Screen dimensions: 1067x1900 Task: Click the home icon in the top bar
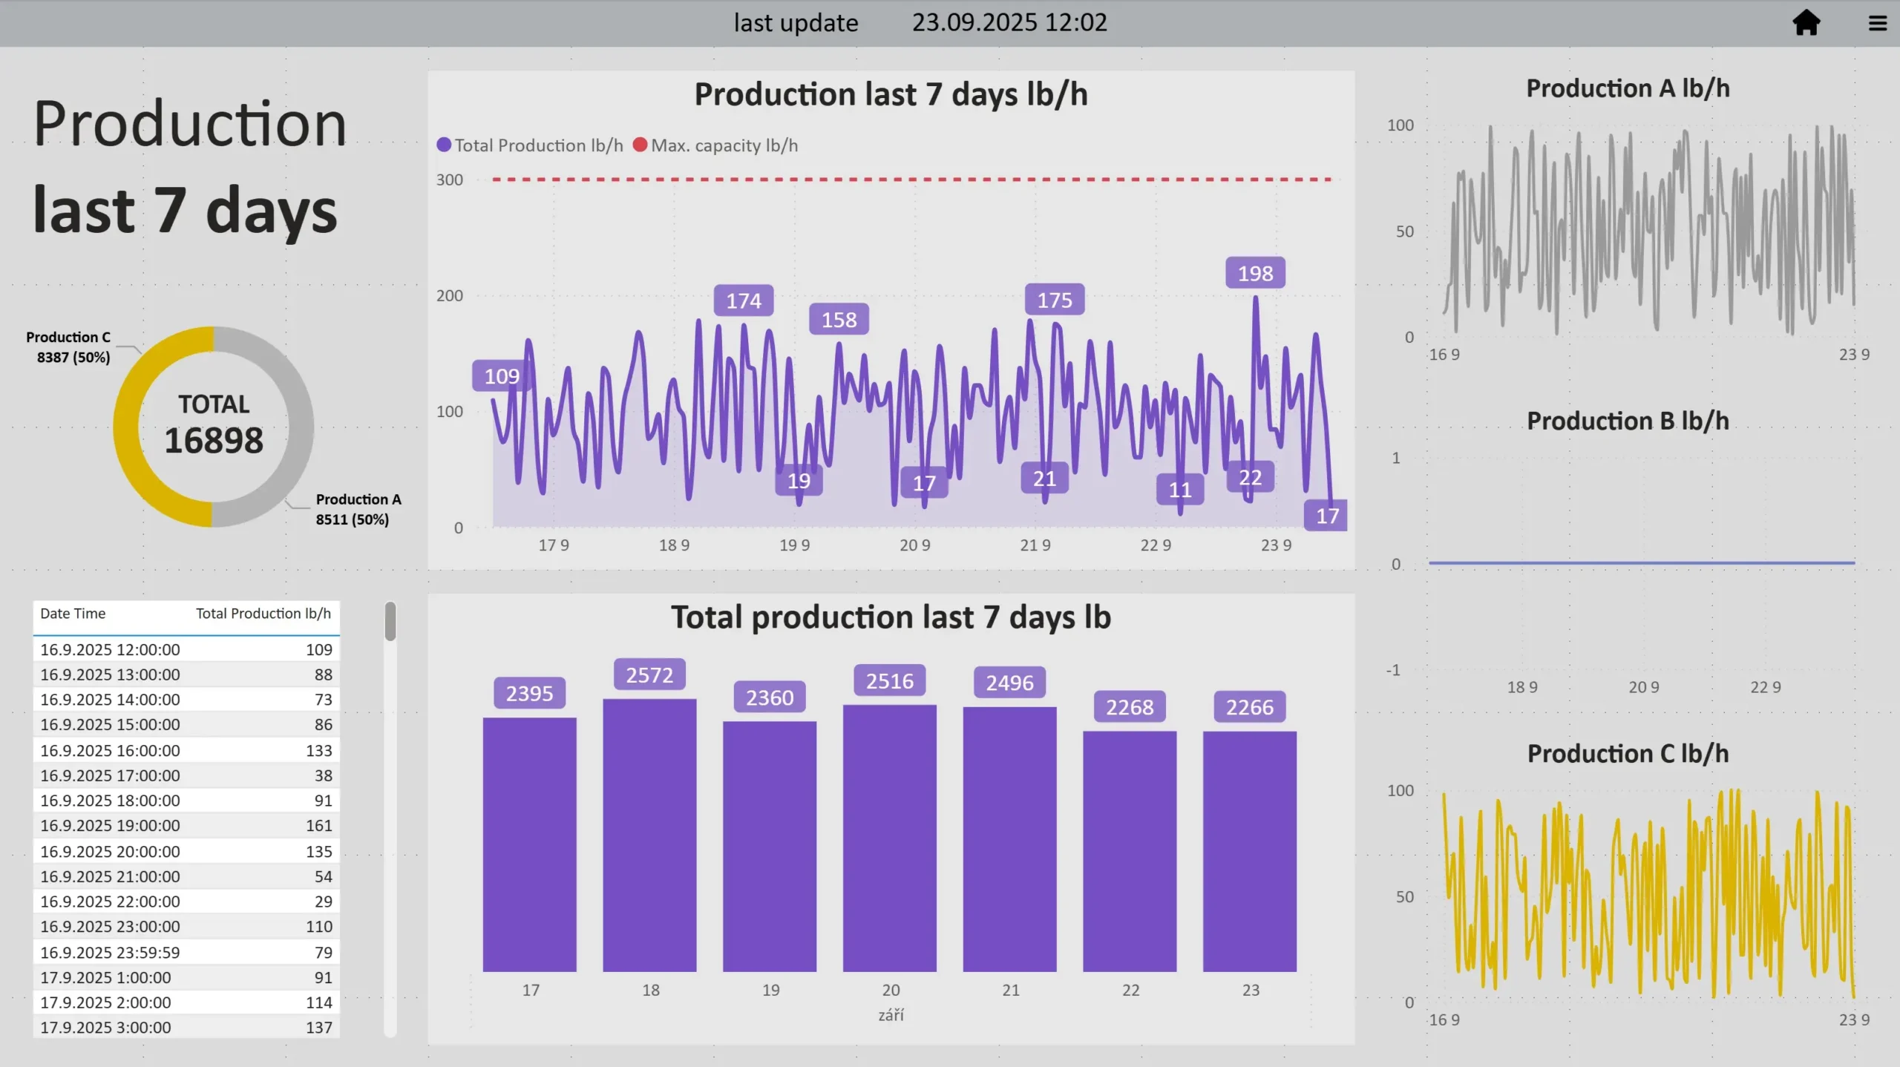pos(1806,23)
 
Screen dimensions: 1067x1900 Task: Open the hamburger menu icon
pos(1877,24)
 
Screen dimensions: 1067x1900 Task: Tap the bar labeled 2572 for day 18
pos(649,835)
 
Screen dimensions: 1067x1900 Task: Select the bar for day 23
pos(1249,851)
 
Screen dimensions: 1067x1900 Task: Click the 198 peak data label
pos(1255,273)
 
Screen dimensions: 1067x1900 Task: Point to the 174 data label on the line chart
pos(744,301)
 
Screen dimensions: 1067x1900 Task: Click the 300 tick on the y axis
pos(450,180)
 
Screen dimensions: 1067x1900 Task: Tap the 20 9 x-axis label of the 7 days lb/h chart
pos(914,545)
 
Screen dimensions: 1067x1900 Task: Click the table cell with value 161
pos(319,825)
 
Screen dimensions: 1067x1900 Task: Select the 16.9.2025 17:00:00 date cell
pos(110,775)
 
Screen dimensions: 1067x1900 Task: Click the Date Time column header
pos(73,614)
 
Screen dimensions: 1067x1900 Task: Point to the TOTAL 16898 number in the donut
pos(214,440)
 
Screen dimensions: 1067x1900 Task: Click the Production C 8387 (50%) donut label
pos(69,347)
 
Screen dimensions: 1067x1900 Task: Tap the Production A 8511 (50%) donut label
pos(358,509)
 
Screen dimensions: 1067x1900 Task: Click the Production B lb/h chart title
pos(1628,421)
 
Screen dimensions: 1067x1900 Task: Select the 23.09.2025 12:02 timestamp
pos(1009,23)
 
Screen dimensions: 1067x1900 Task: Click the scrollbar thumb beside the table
pos(390,621)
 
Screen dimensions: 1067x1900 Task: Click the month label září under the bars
pos(891,1015)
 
